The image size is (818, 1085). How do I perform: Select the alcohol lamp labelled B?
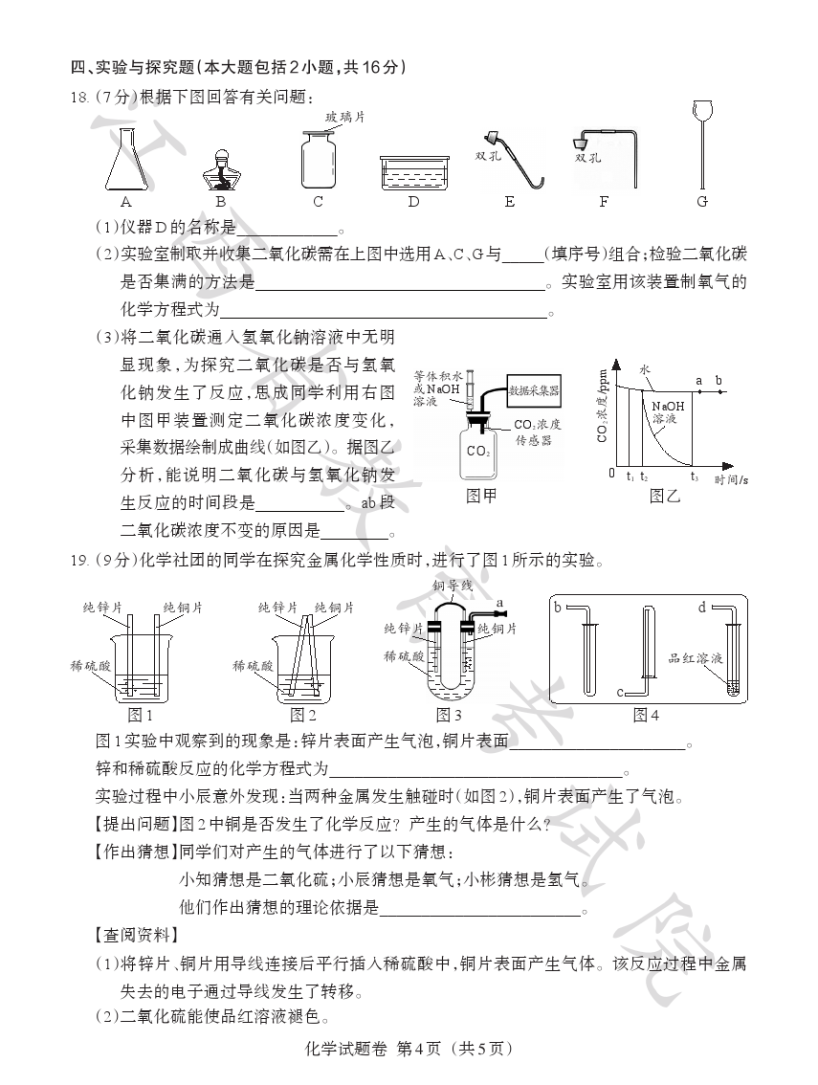tap(220, 170)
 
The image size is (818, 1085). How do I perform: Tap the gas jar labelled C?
tap(318, 159)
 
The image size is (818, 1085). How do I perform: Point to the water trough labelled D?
tap(413, 171)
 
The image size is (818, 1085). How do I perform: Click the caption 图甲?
tap(480, 496)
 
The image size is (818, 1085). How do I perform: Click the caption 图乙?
tap(664, 496)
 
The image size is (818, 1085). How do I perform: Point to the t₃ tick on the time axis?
tap(694, 476)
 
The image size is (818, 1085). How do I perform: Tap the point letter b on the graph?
tap(719, 381)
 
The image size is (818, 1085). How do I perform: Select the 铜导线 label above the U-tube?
tap(452, 585)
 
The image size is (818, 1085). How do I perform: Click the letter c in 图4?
tap(620, 692)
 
